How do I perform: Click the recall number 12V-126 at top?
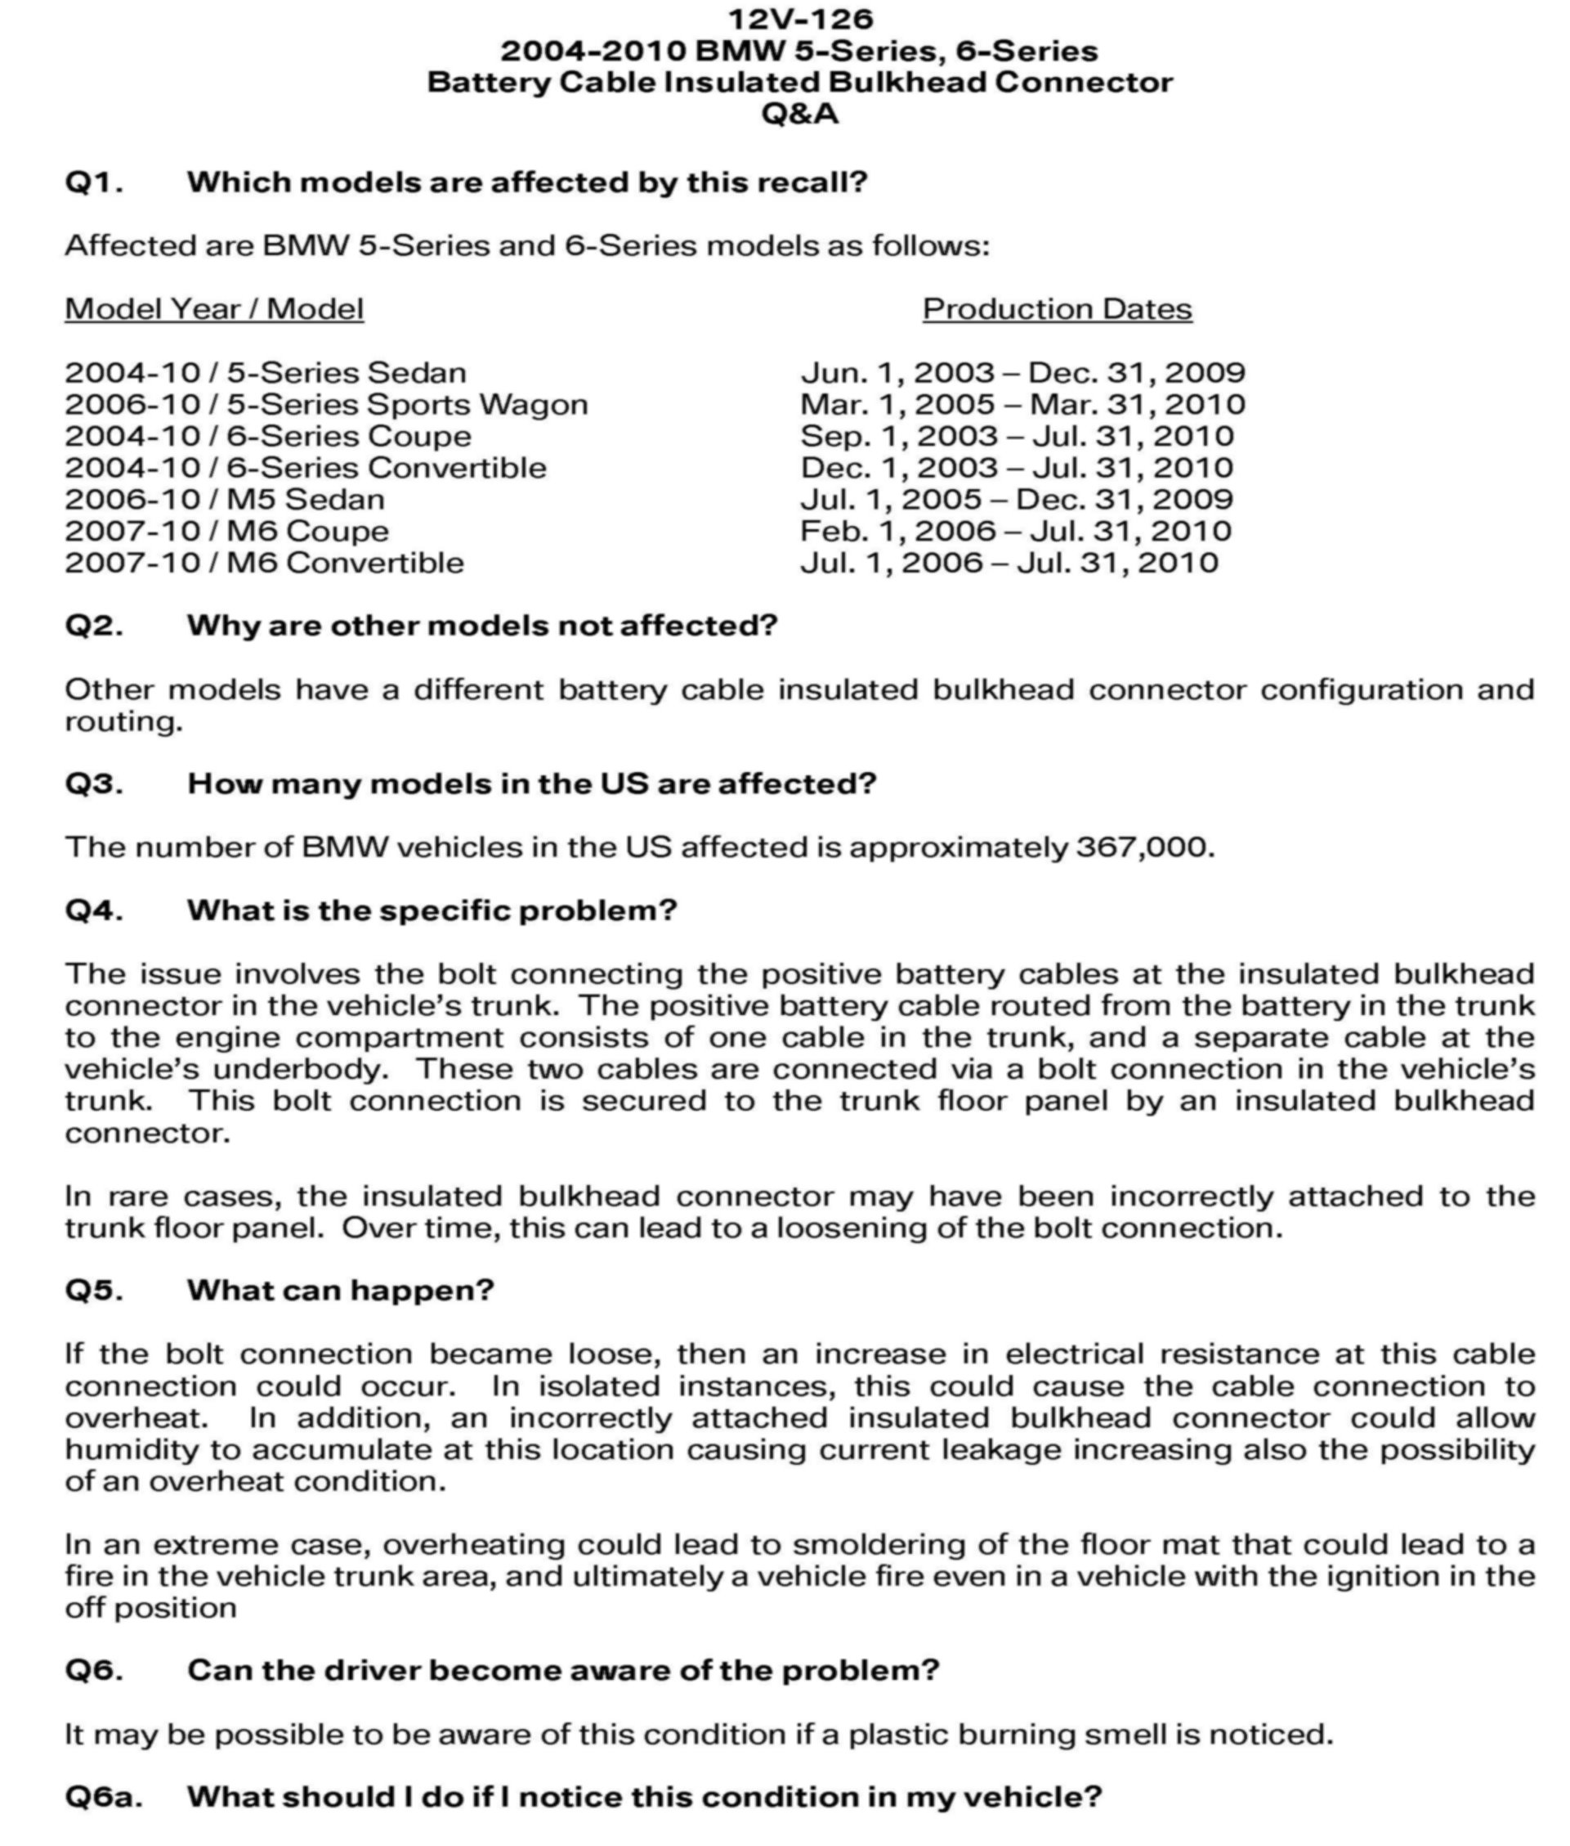click(x=800, y=19)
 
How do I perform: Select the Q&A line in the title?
click(x=800, y=114)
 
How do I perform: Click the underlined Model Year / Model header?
click(x=214, y=309)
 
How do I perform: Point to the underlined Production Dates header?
click(x=1057, y=309)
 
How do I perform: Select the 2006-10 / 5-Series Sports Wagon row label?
click(x=326, y=404)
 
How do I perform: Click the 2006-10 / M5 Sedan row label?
click(x=224, y=500)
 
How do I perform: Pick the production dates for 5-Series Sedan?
click(x=1022, y=372)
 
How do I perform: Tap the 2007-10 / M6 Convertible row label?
click(x=264, y=563)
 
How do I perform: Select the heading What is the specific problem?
click(x=432, y=910)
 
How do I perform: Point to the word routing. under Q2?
click(x=123, y=722)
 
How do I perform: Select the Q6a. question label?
click(x=103, y=1797)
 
